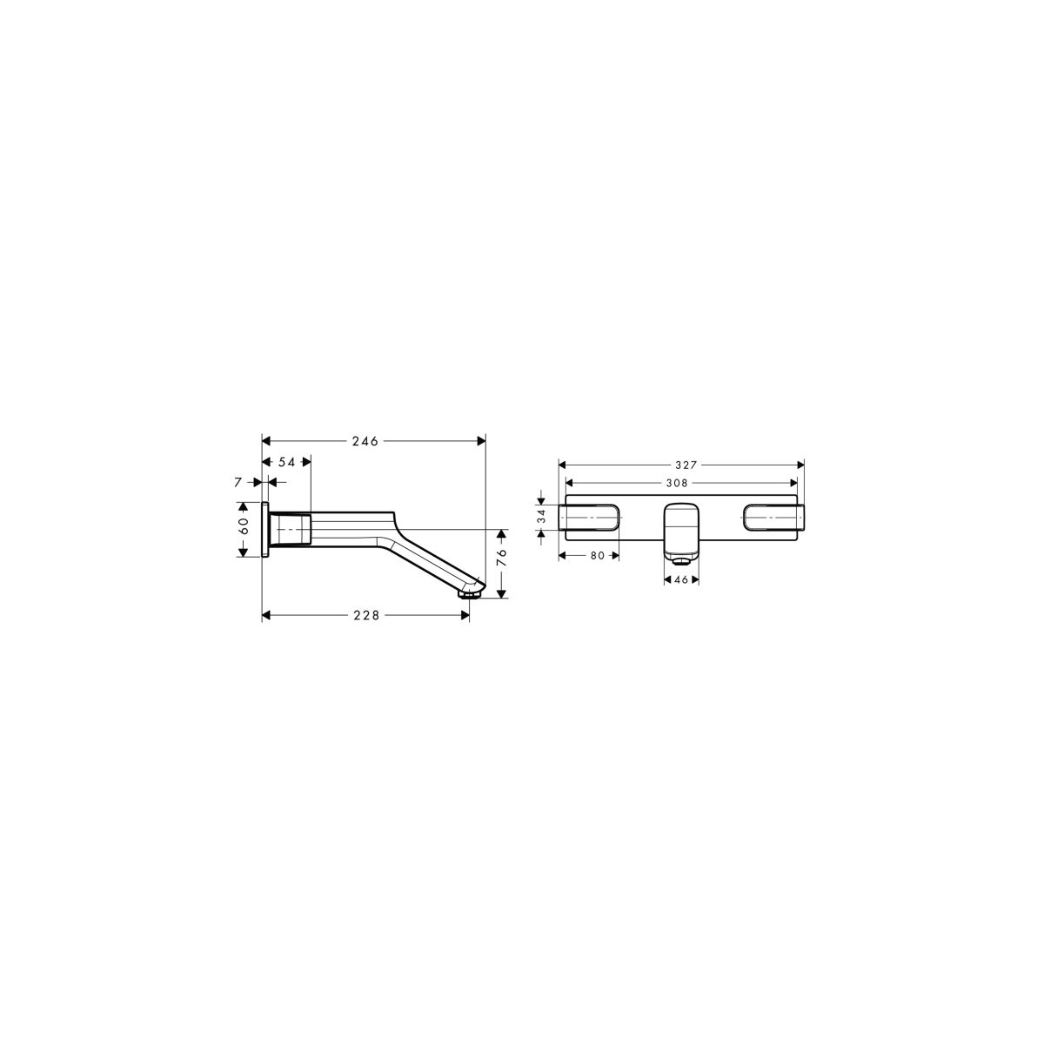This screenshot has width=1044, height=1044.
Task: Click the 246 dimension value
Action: [x=365, y=442]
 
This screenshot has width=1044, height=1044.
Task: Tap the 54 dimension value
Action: [x=286, y=462]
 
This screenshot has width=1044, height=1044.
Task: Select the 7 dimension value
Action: [x=238, y=482]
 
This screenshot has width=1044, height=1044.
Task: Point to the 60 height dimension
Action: [x=244, y=525]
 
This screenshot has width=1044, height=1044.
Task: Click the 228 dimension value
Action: [x=367, y=615]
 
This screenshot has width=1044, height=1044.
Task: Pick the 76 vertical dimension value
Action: [x=501, y=558]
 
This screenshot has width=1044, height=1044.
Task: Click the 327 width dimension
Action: [x=686, y=465]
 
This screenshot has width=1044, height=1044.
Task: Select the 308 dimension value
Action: [x=677, y=483]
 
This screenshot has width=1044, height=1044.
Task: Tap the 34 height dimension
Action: [x=542, y=518]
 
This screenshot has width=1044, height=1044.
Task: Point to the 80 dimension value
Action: [x=597, y=556]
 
